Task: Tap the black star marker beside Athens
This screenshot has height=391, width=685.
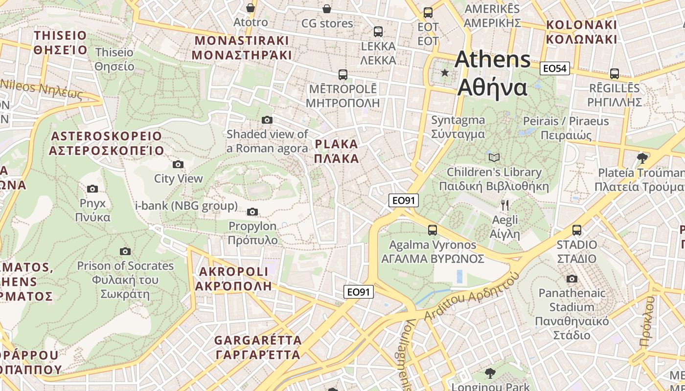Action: [445, 73]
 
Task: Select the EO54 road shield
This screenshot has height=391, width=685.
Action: [555, 68]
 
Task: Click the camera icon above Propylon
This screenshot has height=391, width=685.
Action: [252, 212]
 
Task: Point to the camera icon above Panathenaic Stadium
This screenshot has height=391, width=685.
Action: [571, 279]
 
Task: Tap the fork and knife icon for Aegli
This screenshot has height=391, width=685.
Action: [505, 205]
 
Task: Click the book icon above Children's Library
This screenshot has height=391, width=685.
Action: [494, 157]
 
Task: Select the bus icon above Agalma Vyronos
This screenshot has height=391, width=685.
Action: [433, 230]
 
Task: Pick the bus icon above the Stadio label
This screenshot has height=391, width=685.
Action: [577, 230]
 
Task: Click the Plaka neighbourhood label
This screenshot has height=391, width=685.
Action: [337, 151]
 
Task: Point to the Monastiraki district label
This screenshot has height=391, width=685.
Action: [242, 47]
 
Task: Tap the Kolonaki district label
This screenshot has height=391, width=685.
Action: [582, 32]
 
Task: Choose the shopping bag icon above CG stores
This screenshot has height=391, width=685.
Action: [327, 9]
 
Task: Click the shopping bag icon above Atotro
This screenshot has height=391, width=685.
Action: [251, 8]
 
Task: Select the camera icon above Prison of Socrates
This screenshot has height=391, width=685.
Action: [125, 251]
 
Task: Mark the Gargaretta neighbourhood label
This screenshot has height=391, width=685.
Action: [258, 347]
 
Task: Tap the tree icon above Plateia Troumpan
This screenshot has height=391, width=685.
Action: [642, 158]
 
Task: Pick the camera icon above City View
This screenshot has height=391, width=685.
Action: [178, 164]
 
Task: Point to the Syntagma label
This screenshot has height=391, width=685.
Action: [458, 127]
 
